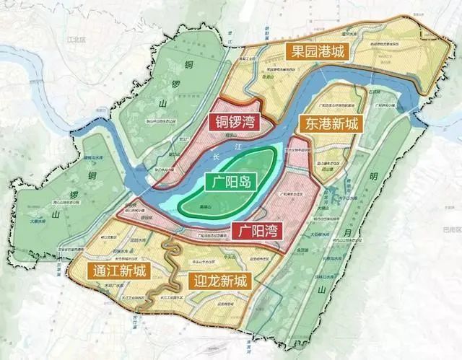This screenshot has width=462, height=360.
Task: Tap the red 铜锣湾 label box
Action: [233, 122]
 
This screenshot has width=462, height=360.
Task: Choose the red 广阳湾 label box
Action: [258, 232]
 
